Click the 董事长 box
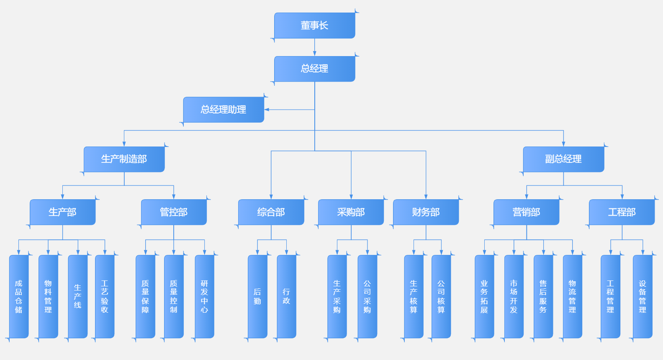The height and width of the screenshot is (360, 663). point(315,26)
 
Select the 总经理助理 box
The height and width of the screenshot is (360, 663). point(224,110)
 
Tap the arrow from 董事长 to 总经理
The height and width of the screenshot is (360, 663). point(315,47)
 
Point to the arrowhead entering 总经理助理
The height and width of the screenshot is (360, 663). point(267,110)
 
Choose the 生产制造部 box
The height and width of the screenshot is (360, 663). point(124,159)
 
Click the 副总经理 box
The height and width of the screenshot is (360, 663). point(563,159)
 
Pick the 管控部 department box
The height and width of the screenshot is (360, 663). point(174,212)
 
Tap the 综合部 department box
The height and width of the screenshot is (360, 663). point(271,212)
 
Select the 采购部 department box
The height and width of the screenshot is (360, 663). point(351,212)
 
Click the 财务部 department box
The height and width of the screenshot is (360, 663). point(426,212)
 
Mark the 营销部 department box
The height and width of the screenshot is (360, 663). point(526,212)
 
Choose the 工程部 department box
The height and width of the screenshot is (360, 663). point(622,212)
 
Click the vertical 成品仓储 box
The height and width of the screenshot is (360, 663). point(19,296)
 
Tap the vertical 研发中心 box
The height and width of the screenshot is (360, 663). point(205,296)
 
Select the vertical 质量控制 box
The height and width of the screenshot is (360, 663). point(174,296)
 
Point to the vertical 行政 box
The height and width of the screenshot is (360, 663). point(287,296)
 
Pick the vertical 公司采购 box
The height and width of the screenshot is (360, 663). point(367,296)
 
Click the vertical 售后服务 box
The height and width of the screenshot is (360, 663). point(543,296)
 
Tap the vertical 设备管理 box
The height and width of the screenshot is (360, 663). point(642,296)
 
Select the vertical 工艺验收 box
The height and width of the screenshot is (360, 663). point(105,296)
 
